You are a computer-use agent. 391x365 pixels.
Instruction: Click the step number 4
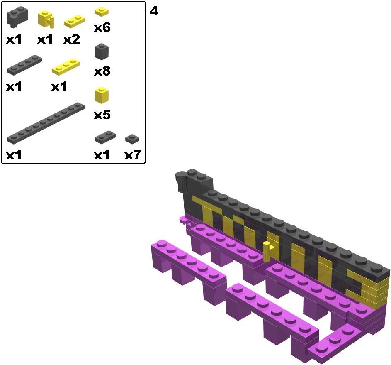[154, 11]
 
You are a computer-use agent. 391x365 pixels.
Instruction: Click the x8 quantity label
[102, 71]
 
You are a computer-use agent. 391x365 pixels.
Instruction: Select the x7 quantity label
[133, 155]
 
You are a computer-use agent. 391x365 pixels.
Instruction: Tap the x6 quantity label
[102, 27]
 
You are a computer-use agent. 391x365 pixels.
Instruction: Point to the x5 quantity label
[102, 115]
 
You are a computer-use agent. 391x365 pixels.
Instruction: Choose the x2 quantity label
[72, 39]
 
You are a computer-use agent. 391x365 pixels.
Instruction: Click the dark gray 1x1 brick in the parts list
[102, 51]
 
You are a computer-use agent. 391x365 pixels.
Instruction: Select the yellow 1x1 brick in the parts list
[102, 95]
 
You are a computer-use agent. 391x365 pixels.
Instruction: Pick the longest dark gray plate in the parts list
[46, 123]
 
